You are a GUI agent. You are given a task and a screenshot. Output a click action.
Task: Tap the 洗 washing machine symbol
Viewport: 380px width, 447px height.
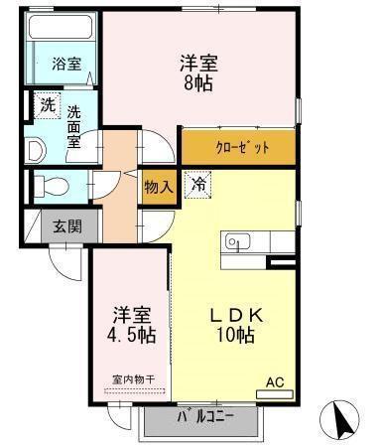point(47,103)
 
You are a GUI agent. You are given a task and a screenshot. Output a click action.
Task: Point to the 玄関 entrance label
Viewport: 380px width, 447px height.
point(67,225)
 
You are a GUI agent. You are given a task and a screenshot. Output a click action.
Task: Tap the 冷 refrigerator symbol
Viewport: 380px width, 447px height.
point(197,184)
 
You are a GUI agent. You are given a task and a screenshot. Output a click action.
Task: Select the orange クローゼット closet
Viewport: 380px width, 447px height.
point(238,148)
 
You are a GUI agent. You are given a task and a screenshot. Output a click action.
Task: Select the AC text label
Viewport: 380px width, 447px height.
point(274,379)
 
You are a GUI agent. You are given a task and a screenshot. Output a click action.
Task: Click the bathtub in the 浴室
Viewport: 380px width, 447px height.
point(61,31)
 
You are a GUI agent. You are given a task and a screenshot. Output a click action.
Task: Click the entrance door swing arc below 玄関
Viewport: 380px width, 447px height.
point(64,263)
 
